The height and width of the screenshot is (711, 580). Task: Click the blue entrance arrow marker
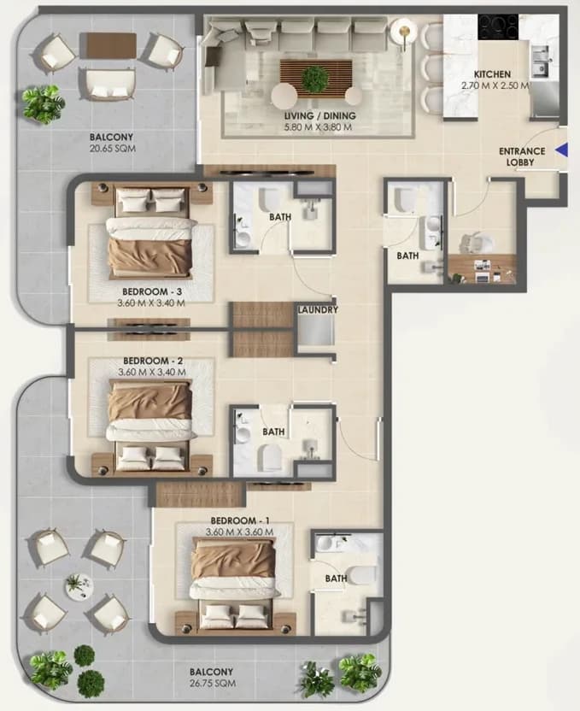coord(562,150)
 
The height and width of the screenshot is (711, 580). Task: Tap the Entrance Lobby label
coord(522,156)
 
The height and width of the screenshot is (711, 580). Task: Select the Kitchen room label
coord(492,73)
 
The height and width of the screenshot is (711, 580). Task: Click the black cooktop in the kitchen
coord(499,26)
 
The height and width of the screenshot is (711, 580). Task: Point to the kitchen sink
coord(541,62)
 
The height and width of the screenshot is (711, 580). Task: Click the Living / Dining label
coord(320,115)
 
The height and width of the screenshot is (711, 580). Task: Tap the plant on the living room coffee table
coord(314,77)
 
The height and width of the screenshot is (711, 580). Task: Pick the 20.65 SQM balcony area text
coord(113,149)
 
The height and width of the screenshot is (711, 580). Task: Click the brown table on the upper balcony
coord(108,46)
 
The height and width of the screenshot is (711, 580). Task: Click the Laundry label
coord(318,309)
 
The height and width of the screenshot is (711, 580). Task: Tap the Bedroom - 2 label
coord(153,361)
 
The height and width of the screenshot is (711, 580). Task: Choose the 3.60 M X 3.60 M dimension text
coord(240,532)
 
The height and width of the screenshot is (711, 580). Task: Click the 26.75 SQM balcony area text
coord(213,683)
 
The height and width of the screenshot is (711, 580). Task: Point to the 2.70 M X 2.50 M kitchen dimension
coord(495,85)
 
